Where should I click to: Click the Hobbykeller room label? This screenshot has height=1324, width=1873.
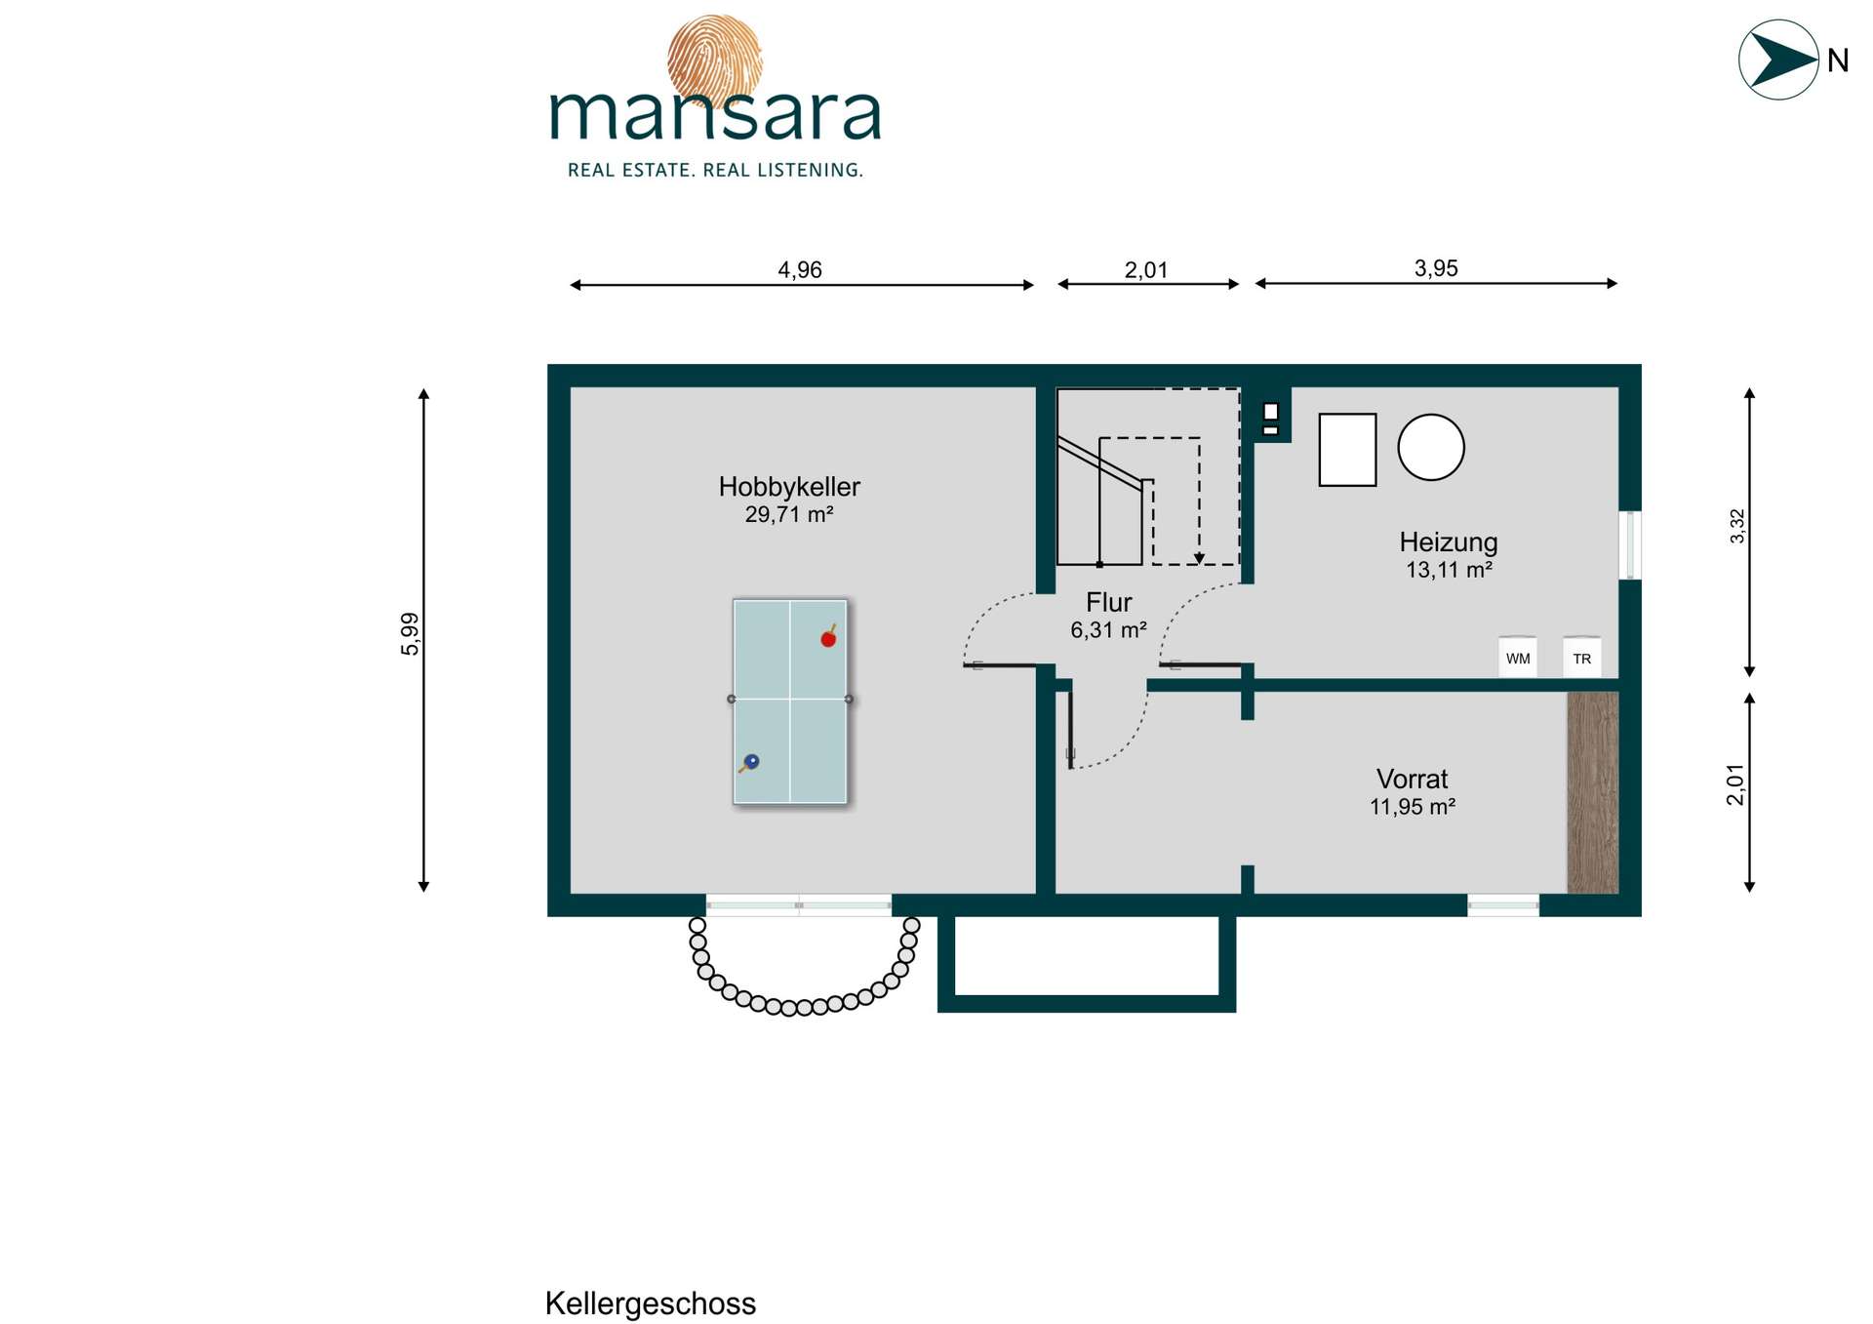(x=789, y=487)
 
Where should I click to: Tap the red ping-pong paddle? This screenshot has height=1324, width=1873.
(x=828, y=637)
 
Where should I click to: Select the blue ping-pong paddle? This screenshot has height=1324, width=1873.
(x=749, y=762)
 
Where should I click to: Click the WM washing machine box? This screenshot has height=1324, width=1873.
(x=1518, y=657)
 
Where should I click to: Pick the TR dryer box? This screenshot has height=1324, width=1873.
(x=1581, y=657)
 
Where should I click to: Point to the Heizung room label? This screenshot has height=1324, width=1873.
(x=1449, y=542)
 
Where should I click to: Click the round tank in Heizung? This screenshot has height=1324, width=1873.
(x=1431, y=447)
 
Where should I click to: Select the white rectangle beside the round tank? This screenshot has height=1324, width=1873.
(x=1347, y=449)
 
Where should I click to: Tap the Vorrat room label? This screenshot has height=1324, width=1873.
(x=1412, y=779)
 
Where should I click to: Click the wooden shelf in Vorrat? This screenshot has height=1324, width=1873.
(x=1592, y=792)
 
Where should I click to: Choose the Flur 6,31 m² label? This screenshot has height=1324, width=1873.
(x=1109, y=616)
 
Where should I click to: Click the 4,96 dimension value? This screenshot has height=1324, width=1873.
(x=800, y=269)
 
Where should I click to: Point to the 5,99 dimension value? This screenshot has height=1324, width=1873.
(x=410, y=634)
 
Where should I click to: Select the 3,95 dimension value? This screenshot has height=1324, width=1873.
(x=1436, y=268)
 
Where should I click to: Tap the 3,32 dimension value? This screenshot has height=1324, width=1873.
(x=1736, y=527)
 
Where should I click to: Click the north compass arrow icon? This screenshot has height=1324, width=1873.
(x=1778, y=60)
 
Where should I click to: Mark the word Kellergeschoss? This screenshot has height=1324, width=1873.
(x=650, y=1304)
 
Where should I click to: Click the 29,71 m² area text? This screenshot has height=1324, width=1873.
(x=789, y=514)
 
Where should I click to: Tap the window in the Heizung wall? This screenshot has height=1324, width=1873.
(x=1630, y=544)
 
